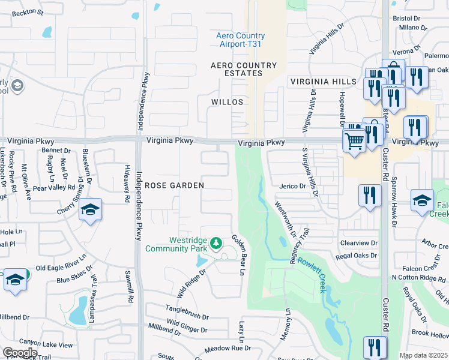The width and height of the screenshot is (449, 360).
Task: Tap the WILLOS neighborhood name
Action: [x=227, y=102]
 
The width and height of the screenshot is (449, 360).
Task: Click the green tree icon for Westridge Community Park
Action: [x=217, y=244]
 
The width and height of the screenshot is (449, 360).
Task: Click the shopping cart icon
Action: [x=354, y=142]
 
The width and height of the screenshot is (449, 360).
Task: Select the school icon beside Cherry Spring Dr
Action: [x=90, y=209]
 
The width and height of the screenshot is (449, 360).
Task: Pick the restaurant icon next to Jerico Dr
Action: [x=370, y=195]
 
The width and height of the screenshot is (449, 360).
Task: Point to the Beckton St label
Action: [x=28, y=12]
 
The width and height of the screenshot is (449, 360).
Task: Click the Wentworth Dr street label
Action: [x=285, y=219]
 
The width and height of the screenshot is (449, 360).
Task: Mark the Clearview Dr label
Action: [x=358, y=244]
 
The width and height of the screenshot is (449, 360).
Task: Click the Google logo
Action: [x=20, y=352]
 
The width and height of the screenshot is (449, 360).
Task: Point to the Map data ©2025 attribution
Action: [x=423, y=355]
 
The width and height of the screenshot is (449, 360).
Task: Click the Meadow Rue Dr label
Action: [x=228, y=349]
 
